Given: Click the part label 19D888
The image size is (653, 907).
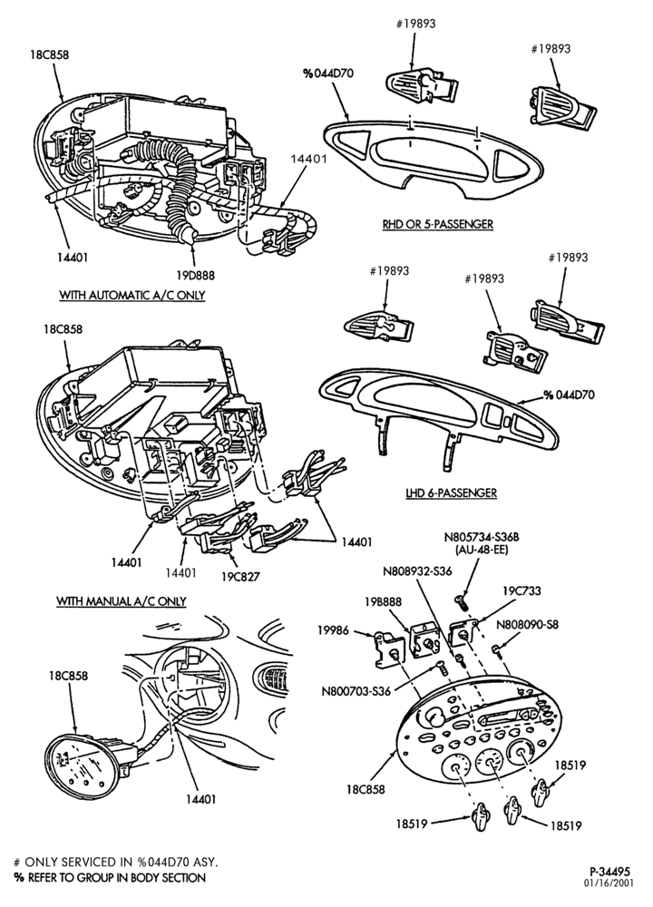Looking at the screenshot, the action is pos(196,276).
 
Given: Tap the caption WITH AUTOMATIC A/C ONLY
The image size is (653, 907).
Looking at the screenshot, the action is pos(132,295).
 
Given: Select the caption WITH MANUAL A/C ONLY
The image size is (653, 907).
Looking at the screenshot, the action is pos(121,601).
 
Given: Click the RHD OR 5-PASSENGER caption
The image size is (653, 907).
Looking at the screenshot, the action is pos(437,224).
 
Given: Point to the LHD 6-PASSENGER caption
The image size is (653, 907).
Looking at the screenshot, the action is pos(451,493).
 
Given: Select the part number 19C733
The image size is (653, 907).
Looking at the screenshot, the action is pos(521,590).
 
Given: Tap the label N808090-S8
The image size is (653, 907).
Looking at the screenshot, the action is pos(528,624).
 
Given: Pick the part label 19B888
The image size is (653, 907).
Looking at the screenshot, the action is pos(383,601).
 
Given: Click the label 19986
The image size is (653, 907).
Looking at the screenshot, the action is pos(333,630).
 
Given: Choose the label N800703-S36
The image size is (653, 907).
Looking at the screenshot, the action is pos(356,690).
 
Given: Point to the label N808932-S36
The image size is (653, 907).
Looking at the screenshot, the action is pos(417,571).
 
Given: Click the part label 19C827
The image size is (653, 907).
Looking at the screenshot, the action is pos(240,576).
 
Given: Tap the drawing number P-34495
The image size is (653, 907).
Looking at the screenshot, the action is pos(609,871).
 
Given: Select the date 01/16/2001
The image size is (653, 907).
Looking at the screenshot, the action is pos(611,883).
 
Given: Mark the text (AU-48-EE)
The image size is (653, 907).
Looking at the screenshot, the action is pos(477,549).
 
